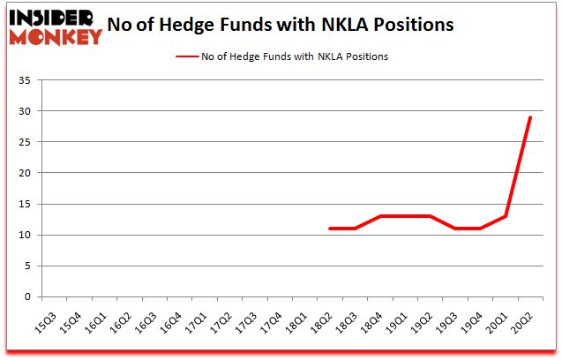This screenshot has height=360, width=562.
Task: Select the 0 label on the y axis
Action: point(30,296)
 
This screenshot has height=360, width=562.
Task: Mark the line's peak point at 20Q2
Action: point(530,117)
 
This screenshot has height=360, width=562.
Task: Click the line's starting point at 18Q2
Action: point(330,229)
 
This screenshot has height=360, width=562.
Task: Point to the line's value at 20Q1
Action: point(506,216)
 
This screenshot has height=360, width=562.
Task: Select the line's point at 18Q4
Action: point(380,216)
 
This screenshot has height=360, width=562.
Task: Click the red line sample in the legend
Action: point(191,56)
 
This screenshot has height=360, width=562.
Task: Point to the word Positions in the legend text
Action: point(365,56)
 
